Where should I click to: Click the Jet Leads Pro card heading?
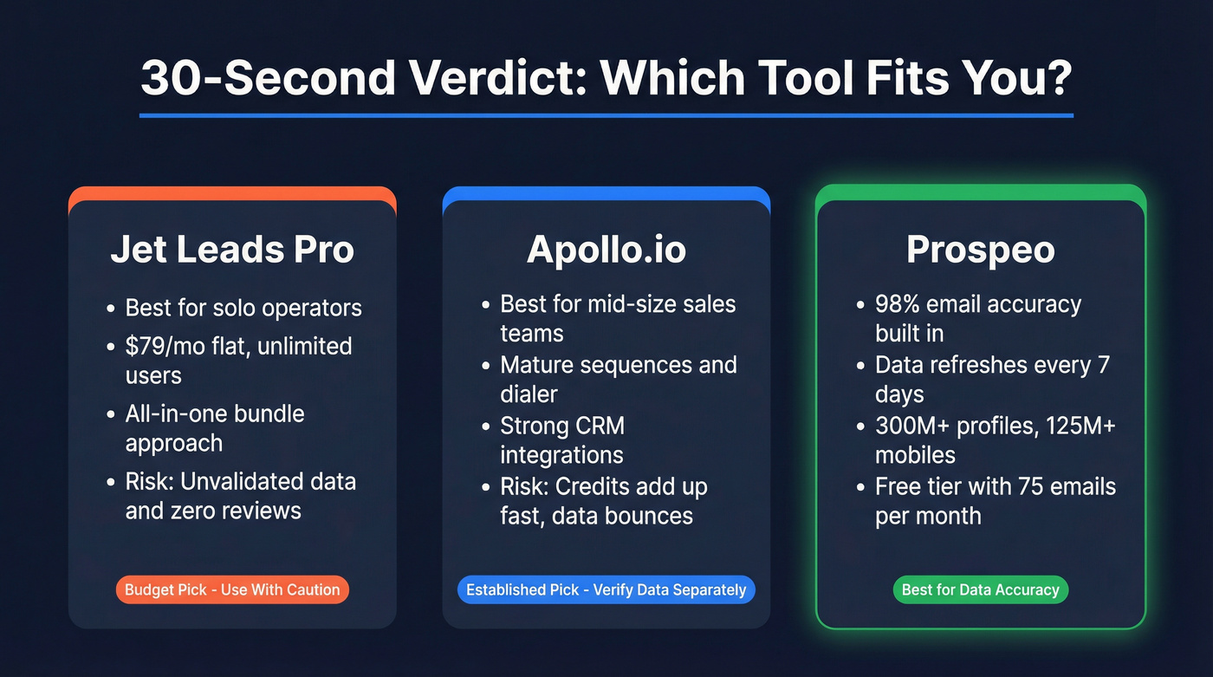tap(232, 250)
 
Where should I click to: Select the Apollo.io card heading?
tap(606, 250)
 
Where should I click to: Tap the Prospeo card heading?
tap(981, 250)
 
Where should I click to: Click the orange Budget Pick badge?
tap(232, 590)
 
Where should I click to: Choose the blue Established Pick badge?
tap(606, 590)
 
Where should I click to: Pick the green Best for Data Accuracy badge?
tap(981, 590)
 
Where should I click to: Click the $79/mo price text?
tap(165, 346)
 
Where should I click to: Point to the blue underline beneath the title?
tap(606, 115)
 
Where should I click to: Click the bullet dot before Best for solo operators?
tap(110, 309)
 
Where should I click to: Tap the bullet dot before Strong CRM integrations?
tap(485, 426)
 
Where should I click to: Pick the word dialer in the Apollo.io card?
tap(529, 394)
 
